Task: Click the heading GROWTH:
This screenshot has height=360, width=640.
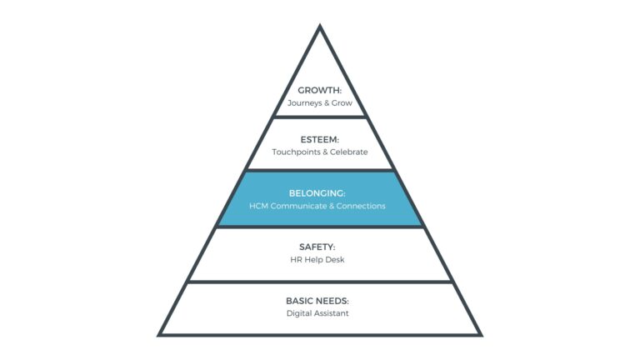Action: (320, 90)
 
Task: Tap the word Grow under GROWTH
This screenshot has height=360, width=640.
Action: (342, 103)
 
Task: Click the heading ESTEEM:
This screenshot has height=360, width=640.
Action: (320, 139)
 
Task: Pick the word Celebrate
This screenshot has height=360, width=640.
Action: (349, 152)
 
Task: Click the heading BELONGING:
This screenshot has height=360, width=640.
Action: (320, 192)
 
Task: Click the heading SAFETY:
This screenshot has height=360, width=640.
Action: (320, 247)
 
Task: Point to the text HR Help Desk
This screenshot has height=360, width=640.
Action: (320, 260)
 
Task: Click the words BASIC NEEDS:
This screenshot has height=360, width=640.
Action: (320, 300)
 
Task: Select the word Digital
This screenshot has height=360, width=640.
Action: (299, 313)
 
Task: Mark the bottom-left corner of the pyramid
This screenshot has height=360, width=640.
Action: (160, 334)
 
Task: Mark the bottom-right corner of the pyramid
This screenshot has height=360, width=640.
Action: (481, 334)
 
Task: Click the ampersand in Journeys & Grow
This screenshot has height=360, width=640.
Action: (327, 103)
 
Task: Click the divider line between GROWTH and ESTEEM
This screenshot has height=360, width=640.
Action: (320, 117)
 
